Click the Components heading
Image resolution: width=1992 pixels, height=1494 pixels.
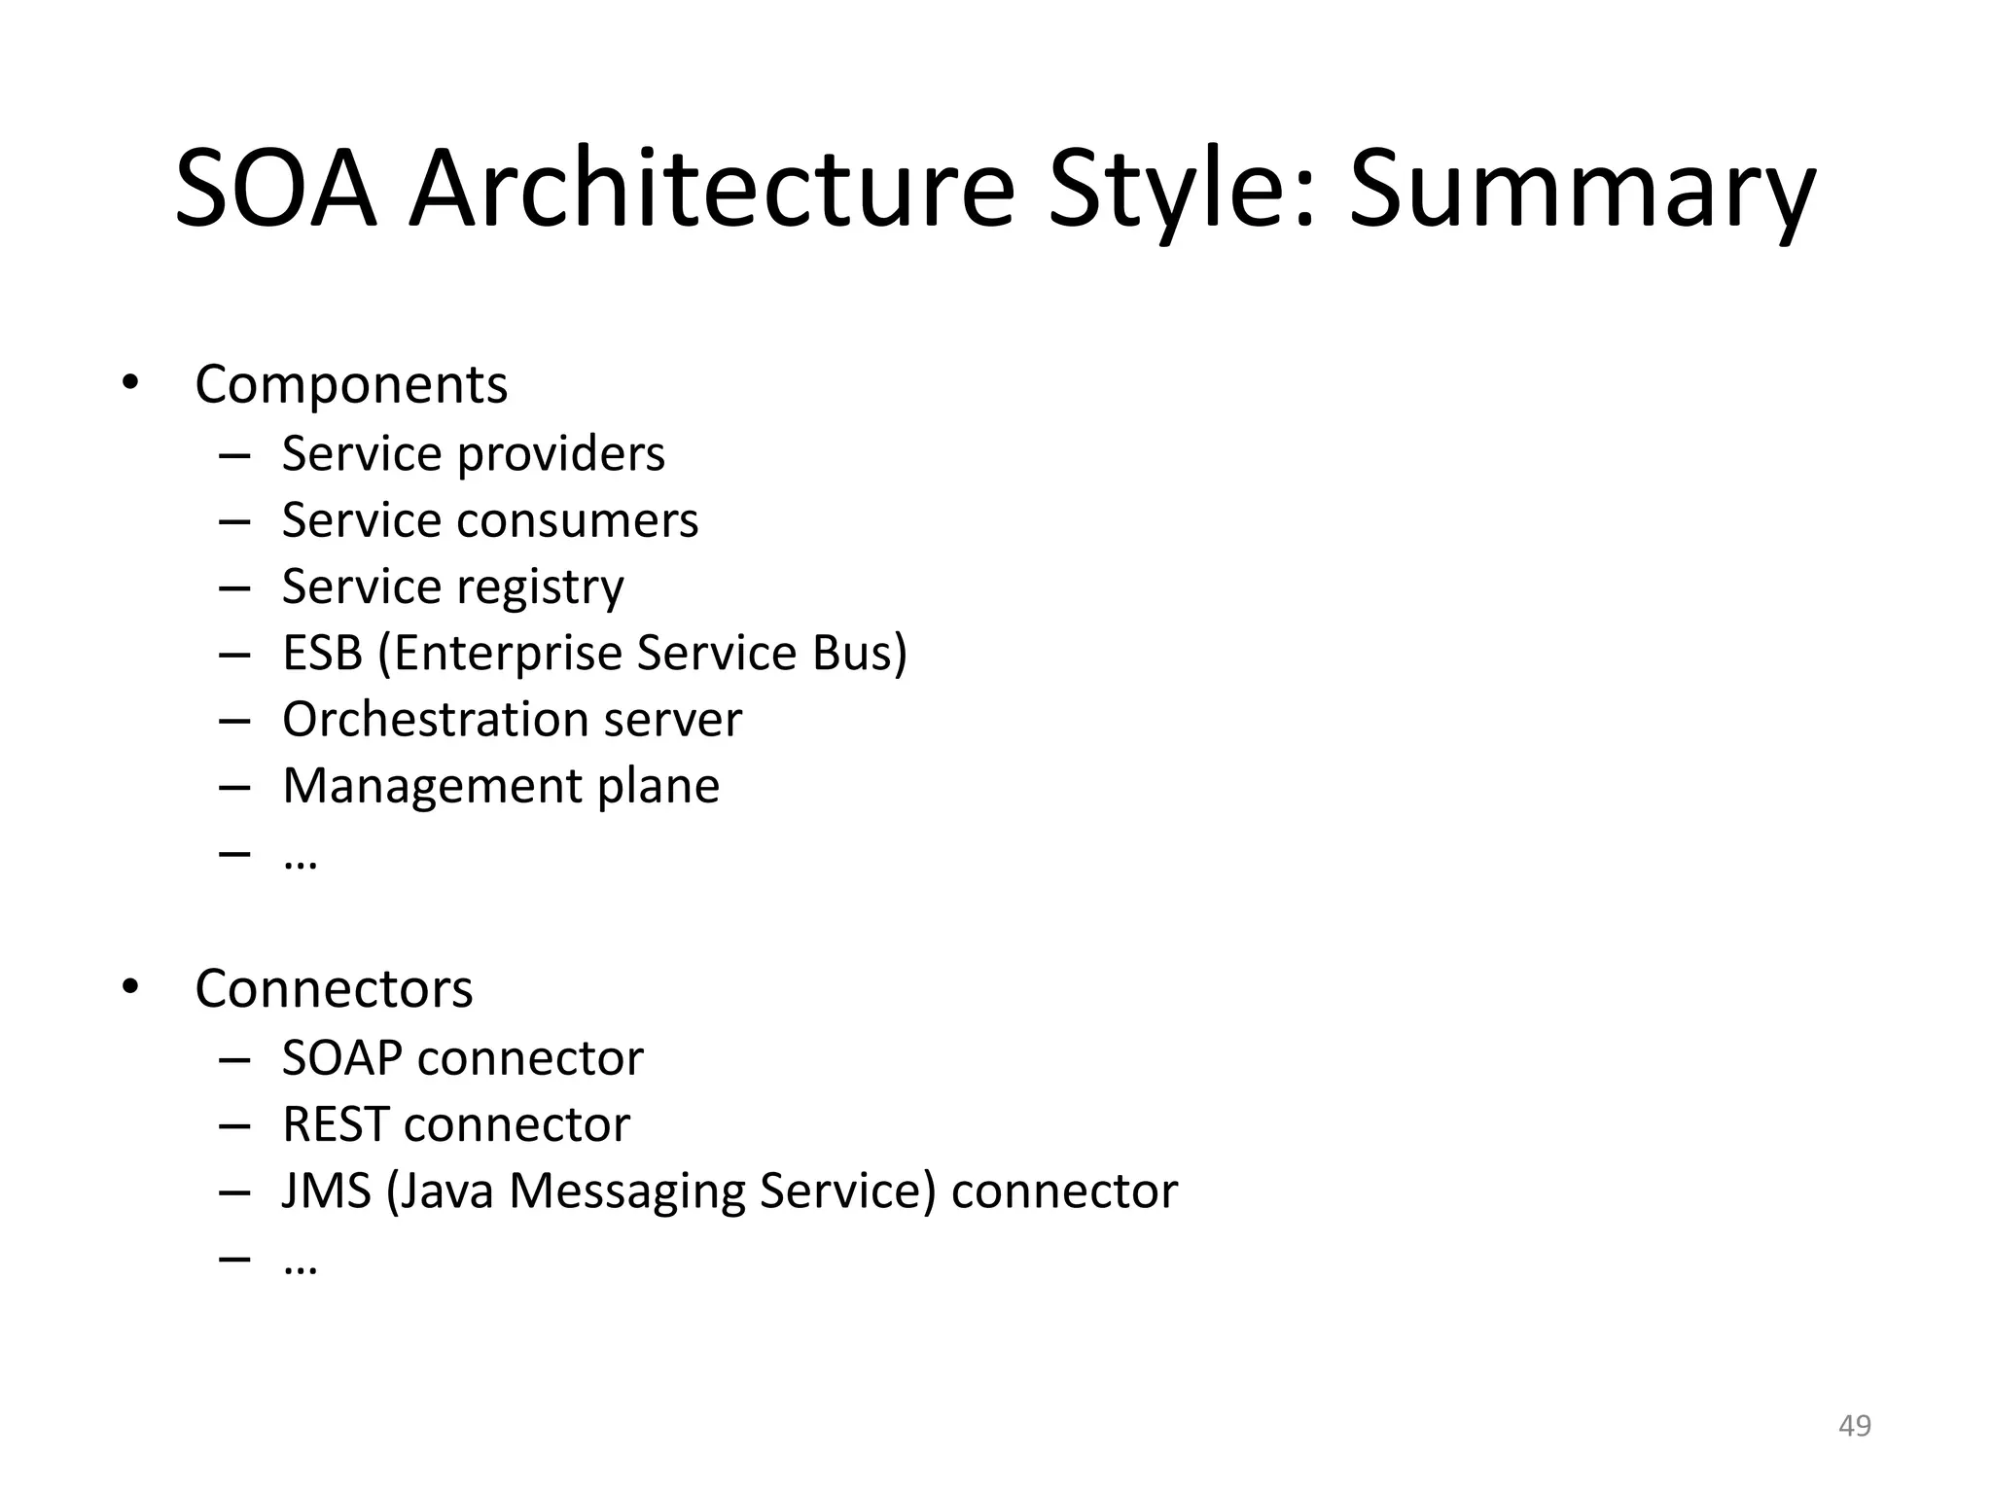click(351, 384)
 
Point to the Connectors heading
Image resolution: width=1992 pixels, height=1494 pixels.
click(334, 988)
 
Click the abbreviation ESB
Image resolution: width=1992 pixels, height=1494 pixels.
click(322, 653)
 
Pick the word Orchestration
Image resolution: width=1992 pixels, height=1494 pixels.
click(434, 720)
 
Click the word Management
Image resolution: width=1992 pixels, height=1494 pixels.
click(432, 786)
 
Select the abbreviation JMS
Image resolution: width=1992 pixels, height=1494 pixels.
click(327, 1192)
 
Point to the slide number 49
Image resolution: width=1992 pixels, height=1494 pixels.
click(1854, 1426)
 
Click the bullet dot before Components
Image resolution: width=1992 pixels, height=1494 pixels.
click(130, 383)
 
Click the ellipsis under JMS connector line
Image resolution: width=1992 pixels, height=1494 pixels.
click(300, 1269)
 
